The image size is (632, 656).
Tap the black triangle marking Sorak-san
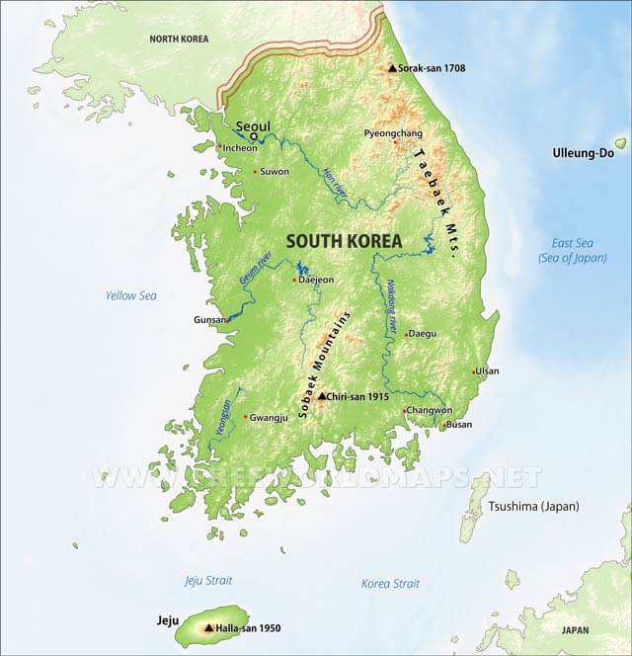[392, 68]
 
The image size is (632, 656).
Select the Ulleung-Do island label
[583, 153]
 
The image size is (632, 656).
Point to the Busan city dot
[443, 426]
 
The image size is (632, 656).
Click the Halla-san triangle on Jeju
[208, 626]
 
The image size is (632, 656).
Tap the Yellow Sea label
[130, 295]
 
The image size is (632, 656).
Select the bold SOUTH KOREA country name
[344, 241]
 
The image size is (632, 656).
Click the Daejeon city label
[316, 280]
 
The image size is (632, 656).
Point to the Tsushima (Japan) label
[533, 507]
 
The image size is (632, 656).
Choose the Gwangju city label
[269, 417]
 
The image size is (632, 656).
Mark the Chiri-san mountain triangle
[320, 396]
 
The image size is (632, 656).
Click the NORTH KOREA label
[180, 39]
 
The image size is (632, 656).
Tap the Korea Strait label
[390, 583]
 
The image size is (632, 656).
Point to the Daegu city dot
[406, 334]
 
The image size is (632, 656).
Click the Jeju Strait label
[206, 580]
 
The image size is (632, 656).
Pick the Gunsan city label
[209, 321]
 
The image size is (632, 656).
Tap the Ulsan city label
[488, 371]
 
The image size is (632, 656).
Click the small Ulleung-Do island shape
[620, 143]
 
